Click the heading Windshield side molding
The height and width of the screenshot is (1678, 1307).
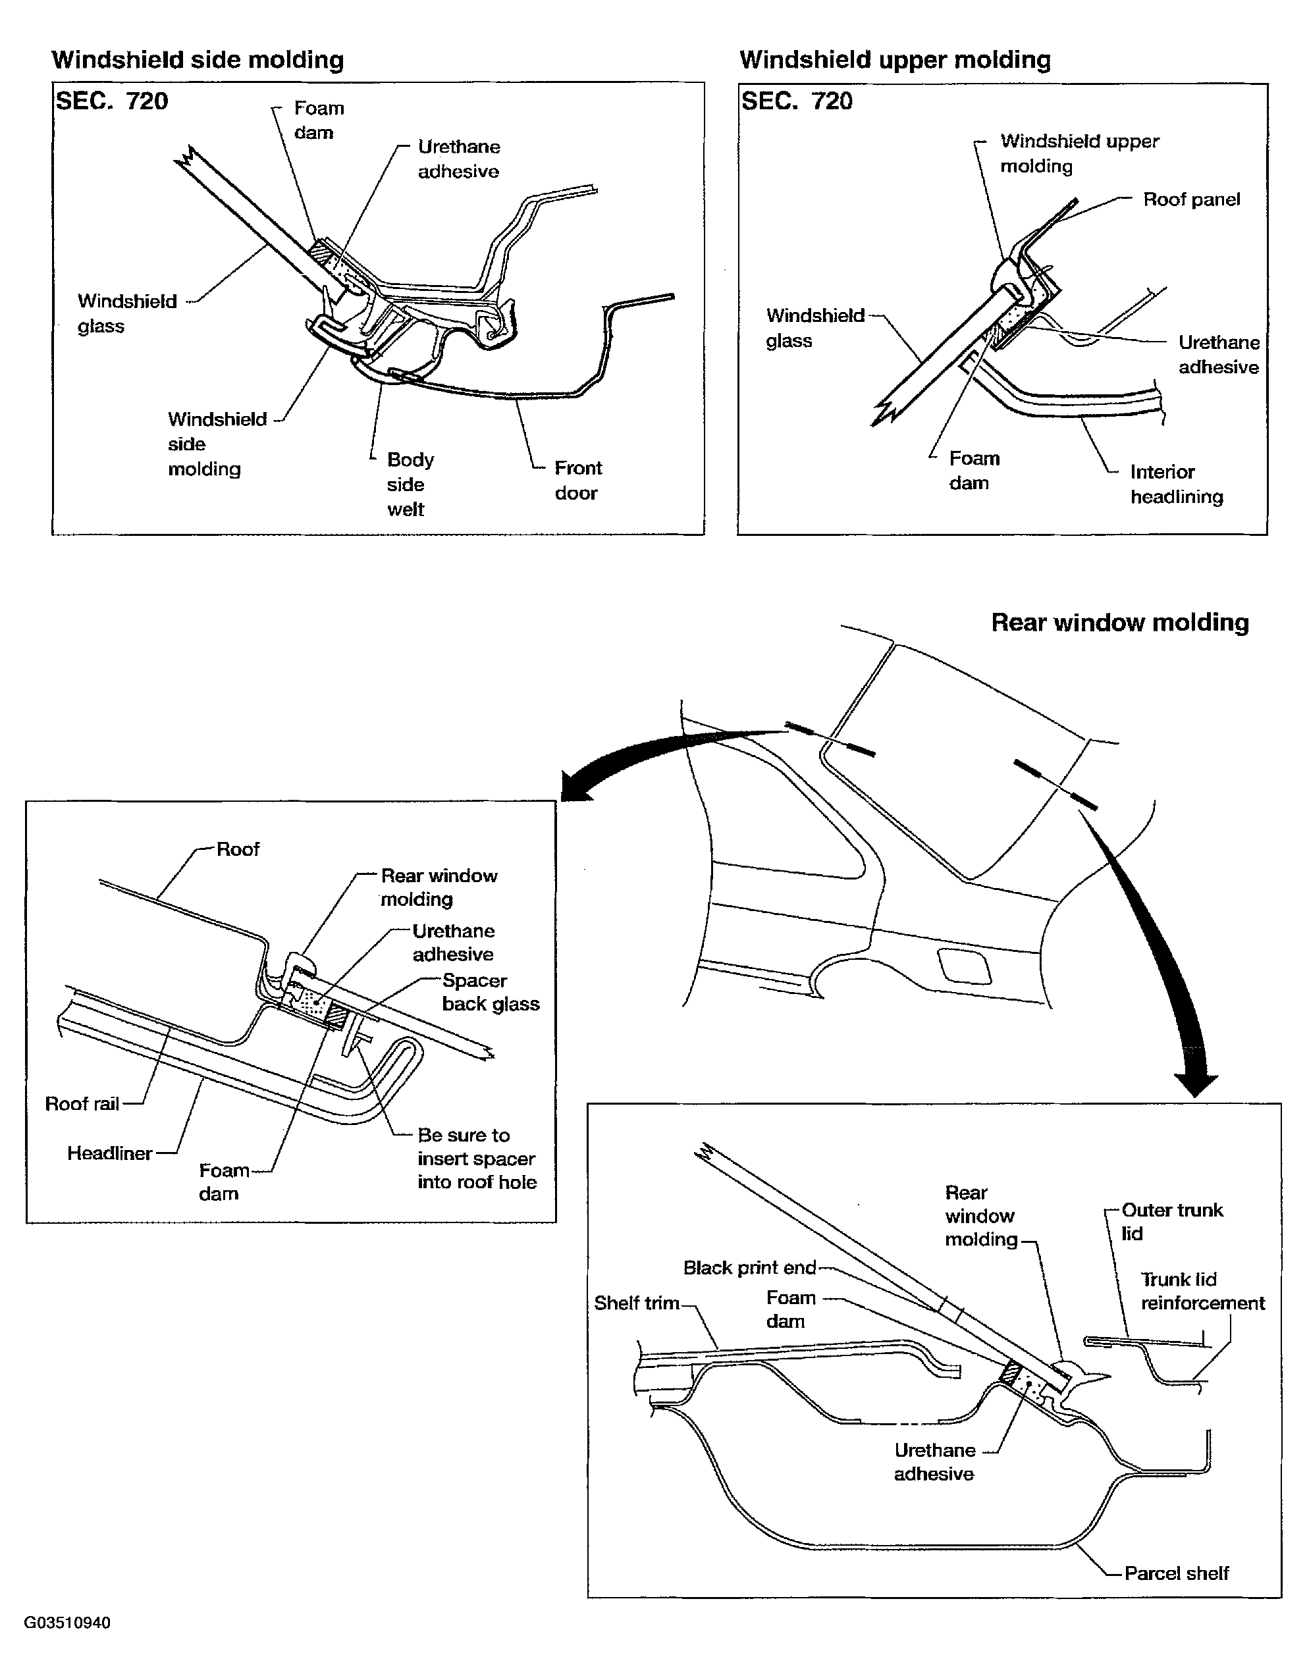198,60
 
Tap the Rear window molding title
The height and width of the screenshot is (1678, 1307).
1119,622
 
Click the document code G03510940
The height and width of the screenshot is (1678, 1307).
67,1623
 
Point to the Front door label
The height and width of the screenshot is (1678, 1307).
577,480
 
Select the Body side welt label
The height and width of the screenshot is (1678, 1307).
410,484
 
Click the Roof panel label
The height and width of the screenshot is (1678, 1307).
1191,199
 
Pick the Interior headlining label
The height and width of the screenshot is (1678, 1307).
1175,484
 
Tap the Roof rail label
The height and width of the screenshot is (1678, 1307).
82,1104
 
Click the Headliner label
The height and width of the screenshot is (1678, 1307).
109,1153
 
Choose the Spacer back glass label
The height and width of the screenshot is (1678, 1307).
491,992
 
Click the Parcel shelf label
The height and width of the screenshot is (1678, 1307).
1175,1573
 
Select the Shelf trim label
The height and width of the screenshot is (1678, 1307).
636,1303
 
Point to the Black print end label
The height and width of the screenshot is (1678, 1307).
749,1268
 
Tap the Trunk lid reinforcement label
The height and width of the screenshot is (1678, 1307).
1202,1291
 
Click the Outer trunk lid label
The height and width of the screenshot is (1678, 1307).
1171,1221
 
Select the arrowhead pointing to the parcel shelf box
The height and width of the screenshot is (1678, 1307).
1196,1084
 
